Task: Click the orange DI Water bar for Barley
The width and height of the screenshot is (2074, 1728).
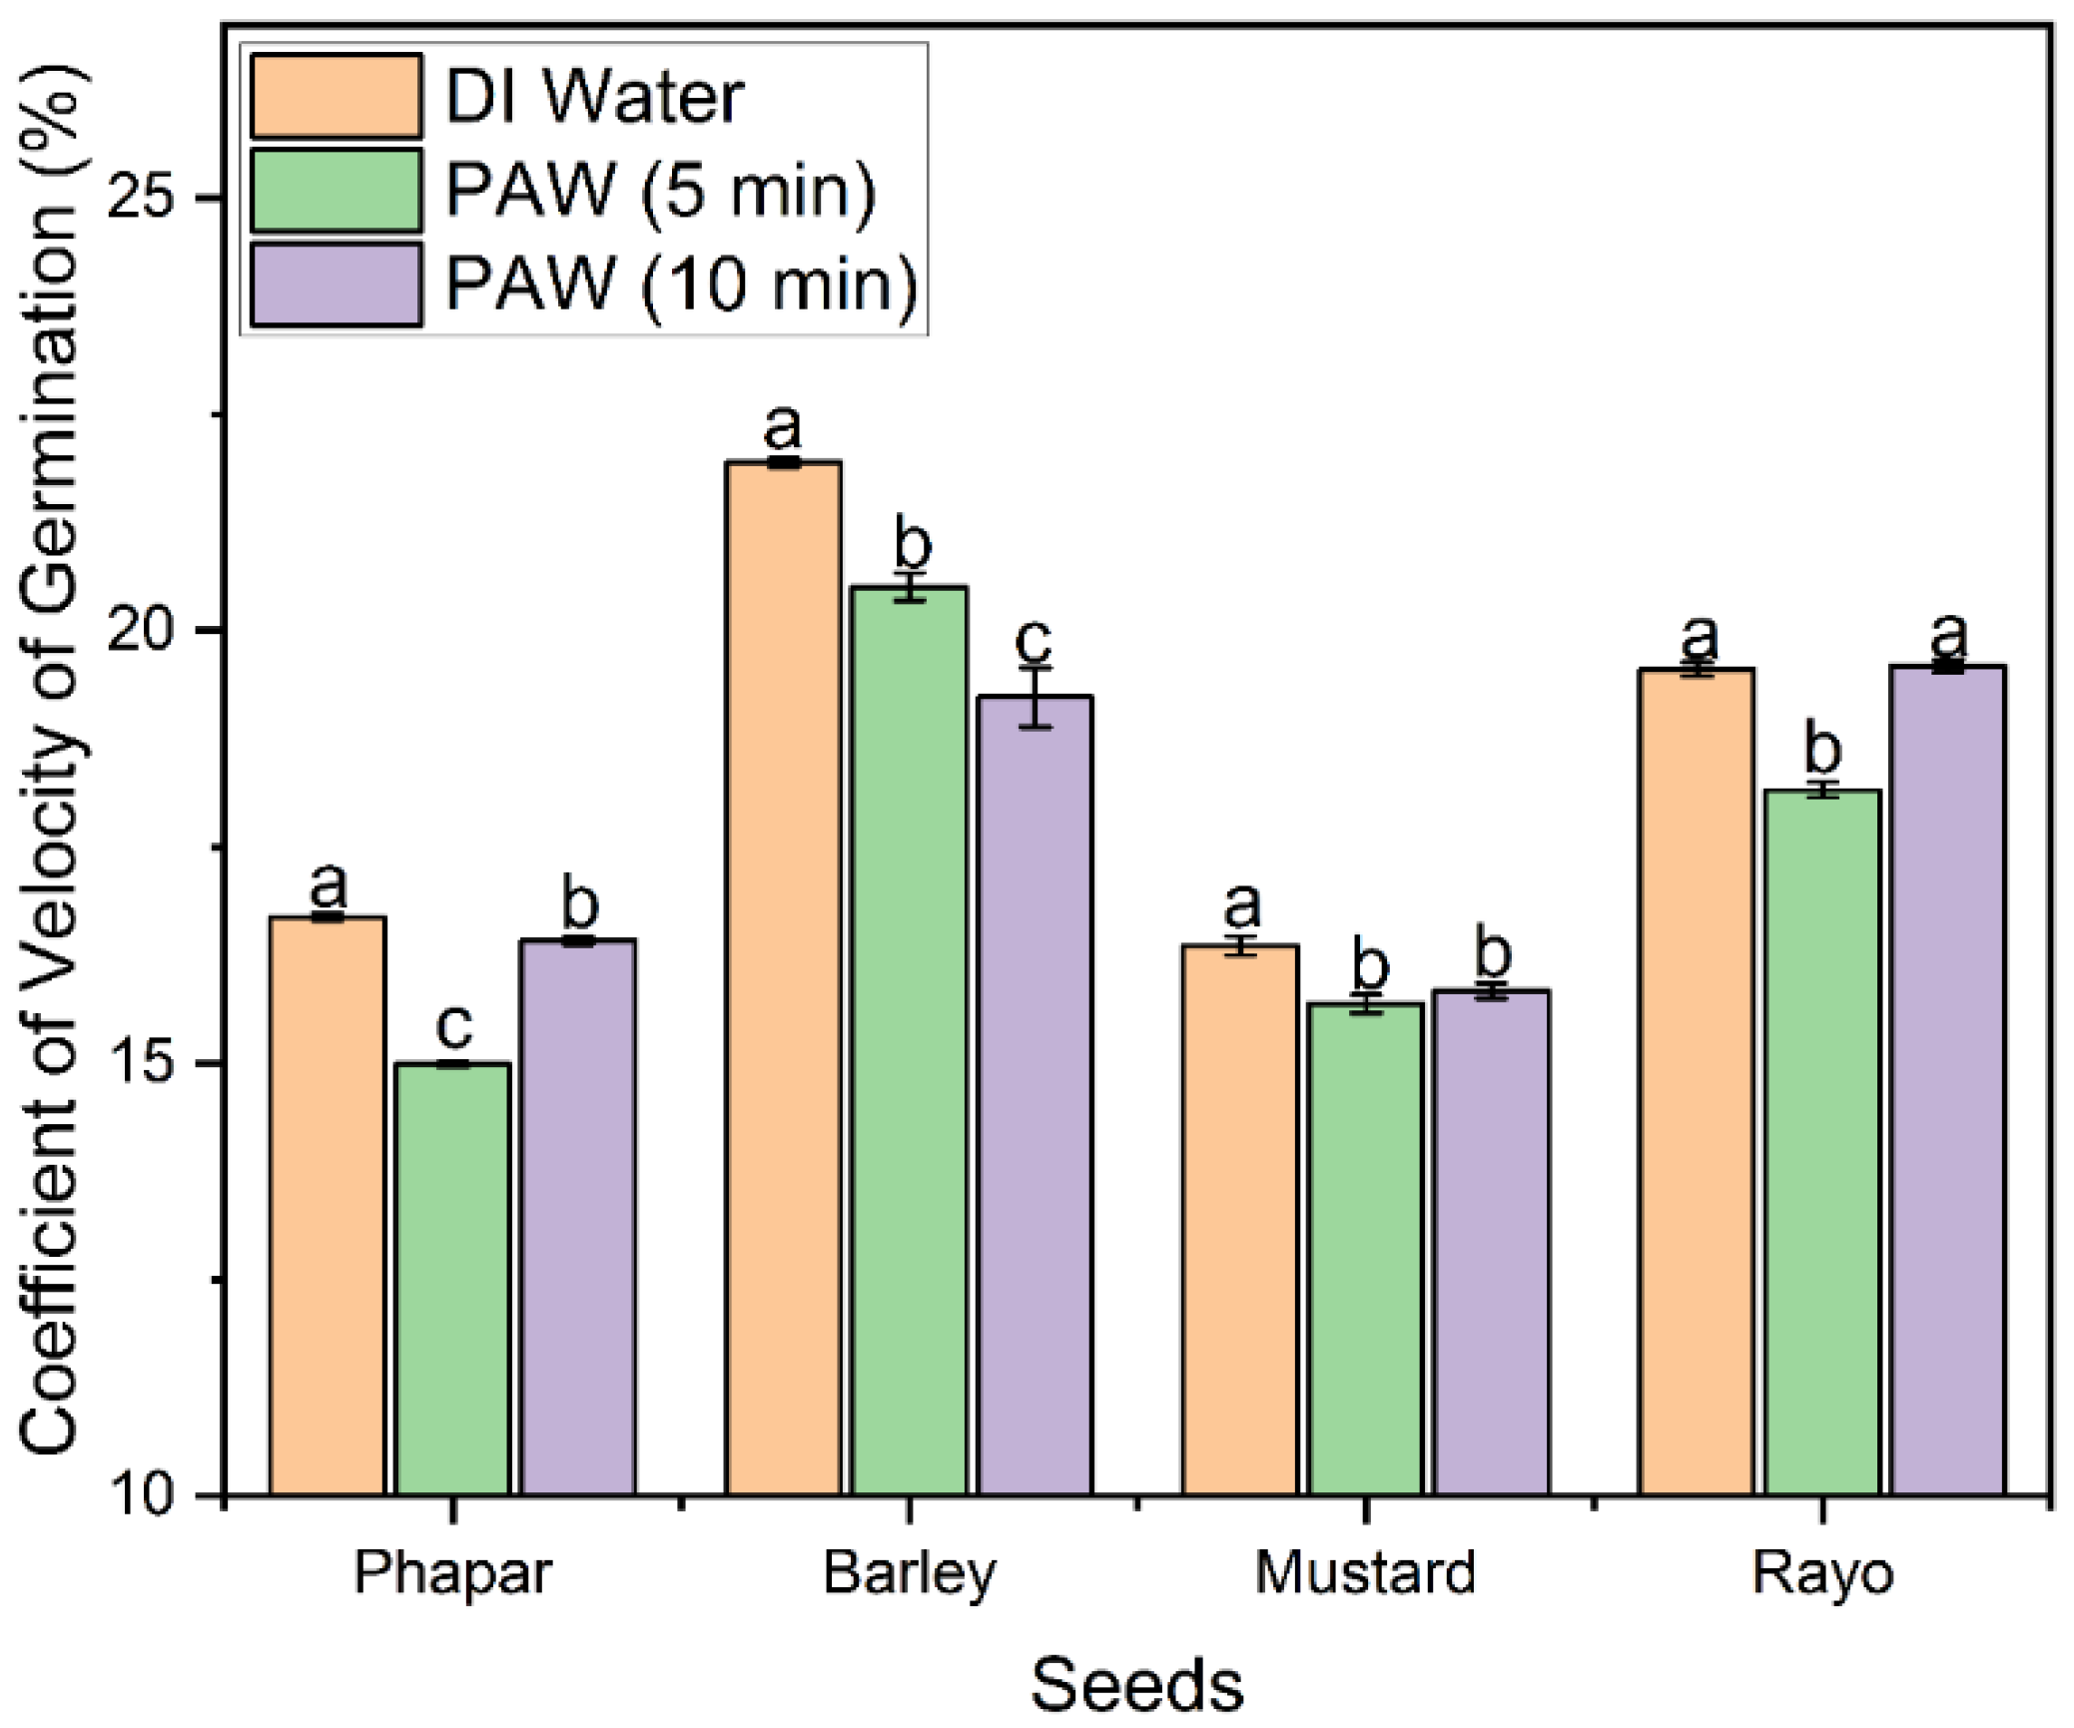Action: click(x=783, y=978)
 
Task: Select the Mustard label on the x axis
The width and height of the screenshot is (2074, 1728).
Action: click(x=1365, y=1573)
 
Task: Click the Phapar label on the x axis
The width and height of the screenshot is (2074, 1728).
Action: click(x=452, y=1573)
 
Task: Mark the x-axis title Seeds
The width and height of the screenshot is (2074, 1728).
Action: click(x=1136, y=1684)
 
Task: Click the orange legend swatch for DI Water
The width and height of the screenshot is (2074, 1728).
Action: click(x=336, y=96)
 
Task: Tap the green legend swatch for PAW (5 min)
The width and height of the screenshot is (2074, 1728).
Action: click(x=336, y=190)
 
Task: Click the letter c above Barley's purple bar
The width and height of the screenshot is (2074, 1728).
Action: click(x=1034, y=639)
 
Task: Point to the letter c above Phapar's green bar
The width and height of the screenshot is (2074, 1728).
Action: click(x=453, y=1023)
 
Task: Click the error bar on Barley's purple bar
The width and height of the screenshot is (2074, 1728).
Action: click(x=1036, y=697)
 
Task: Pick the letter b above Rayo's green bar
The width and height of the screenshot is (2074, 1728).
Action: click(x=1822, y=748)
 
